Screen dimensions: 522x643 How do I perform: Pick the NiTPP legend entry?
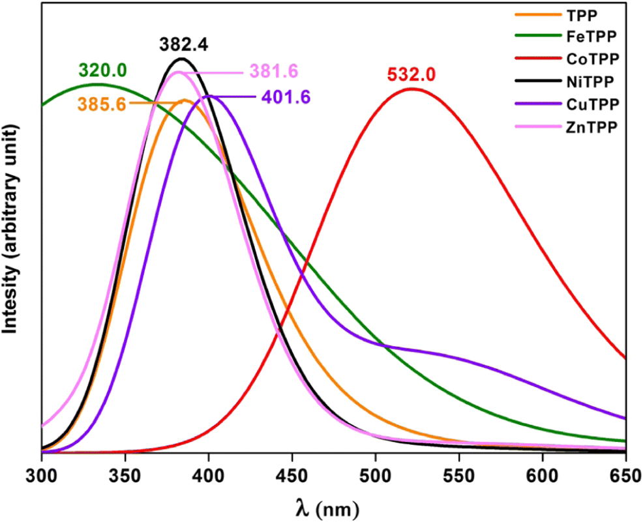[x=591, y=81]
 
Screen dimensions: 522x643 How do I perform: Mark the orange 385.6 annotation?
[x=103, y=103]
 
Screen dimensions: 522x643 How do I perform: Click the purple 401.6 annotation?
[x=285, y=98]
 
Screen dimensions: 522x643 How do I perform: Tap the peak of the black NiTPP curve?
[x=181, y=59]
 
